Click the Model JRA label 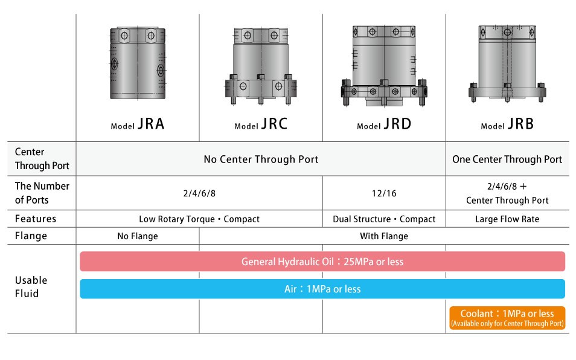(138, 124)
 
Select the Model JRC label (261, 124)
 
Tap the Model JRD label (384, 124)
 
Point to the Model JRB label (507, 124)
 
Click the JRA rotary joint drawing (138, 63)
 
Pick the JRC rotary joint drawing (261, 66)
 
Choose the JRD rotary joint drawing (384, 65)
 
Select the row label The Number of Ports (42, 193)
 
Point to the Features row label (36, 219)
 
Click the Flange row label (30, 236)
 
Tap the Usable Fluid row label (31, 287)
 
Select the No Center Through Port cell (261, 159)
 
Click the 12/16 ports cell (384, 193)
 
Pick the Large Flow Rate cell (507, 219)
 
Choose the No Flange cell (138, 236)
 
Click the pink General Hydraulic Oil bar (322, 262)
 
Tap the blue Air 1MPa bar (322, 289)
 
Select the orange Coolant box (507, 318)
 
